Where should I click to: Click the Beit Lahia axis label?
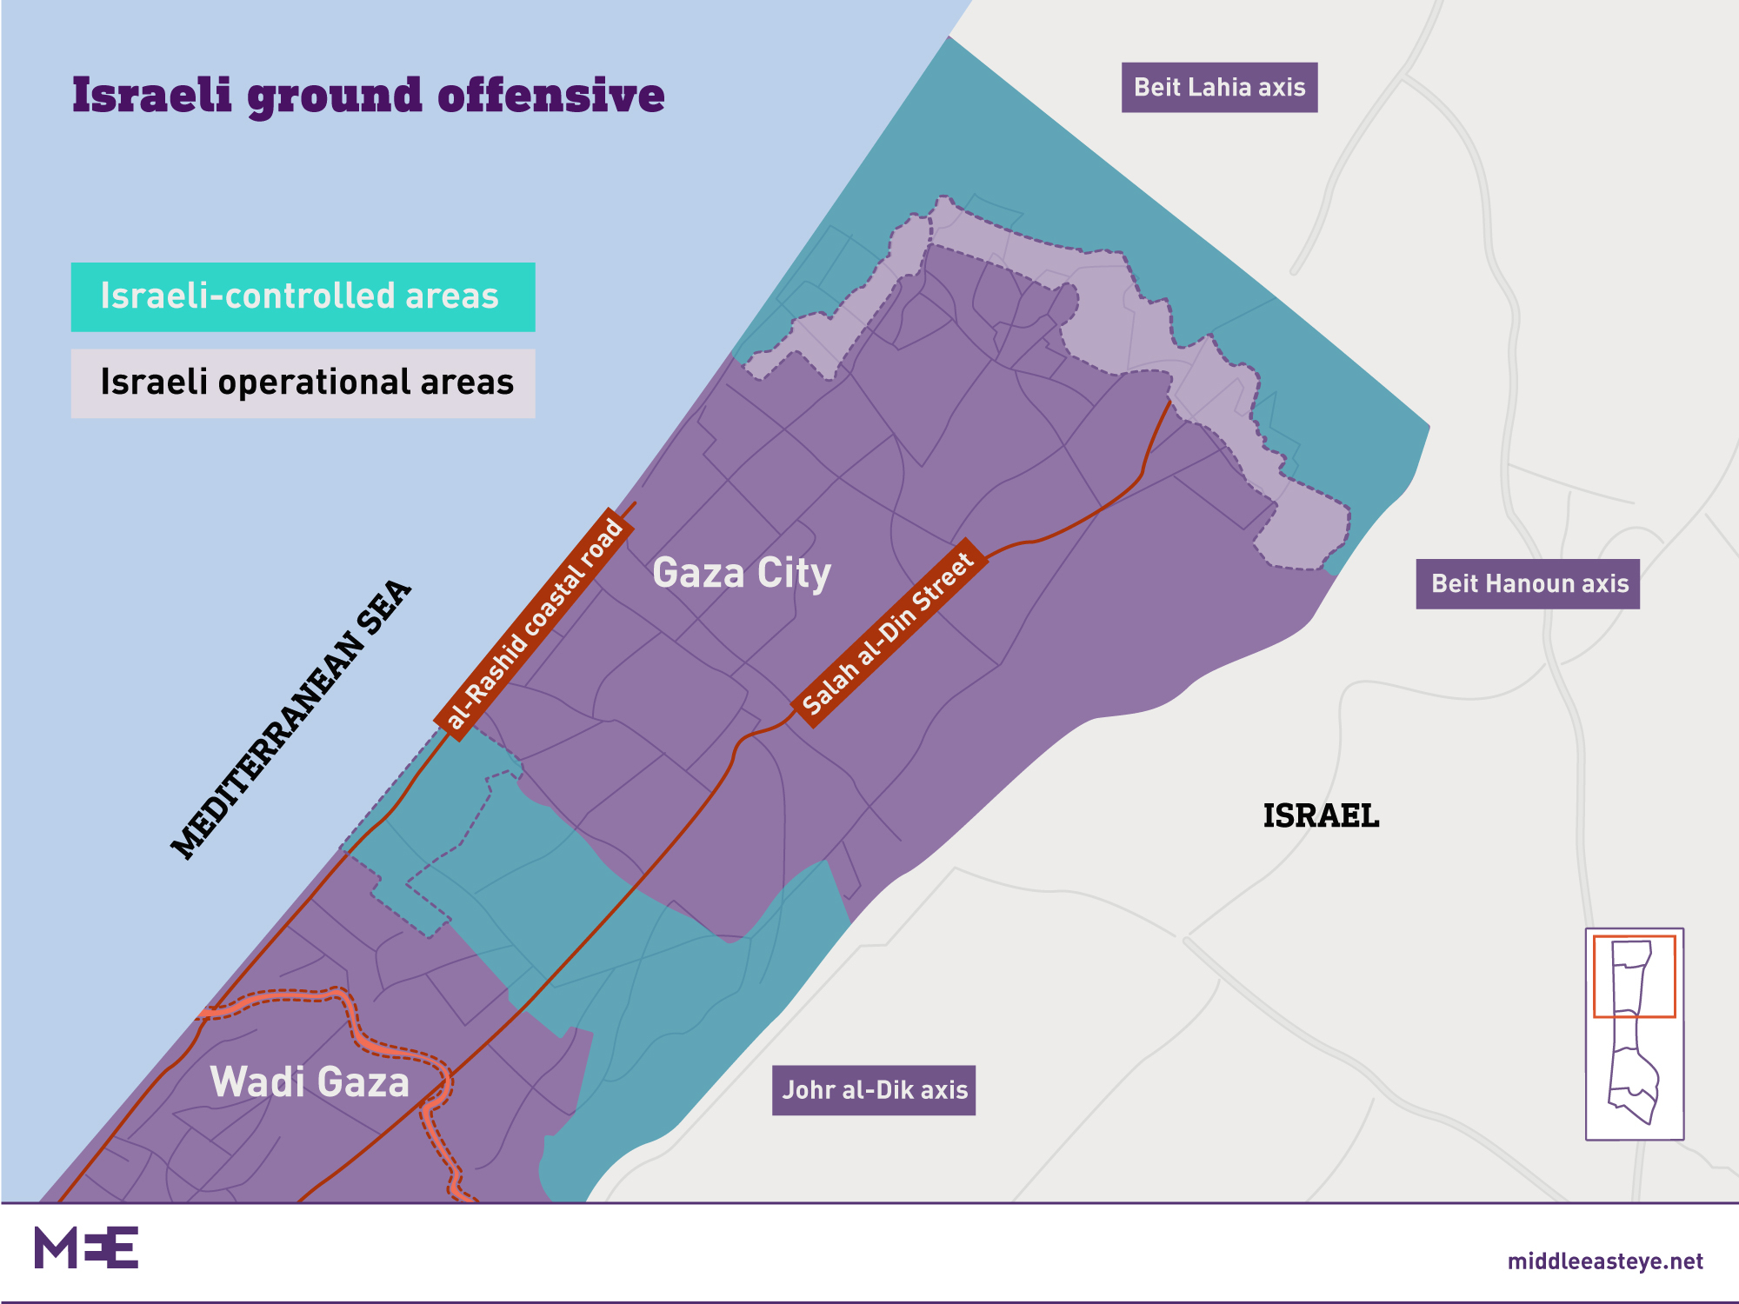pos(1219,87)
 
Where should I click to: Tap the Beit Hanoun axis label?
pos(1528,583)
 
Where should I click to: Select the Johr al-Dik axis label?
pos(874,1090)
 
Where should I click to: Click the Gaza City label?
pos(742,574)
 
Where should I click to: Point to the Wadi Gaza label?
pos(310,1082)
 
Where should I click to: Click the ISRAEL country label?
pos(1321,815)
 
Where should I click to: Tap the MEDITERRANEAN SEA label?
pos(290,720)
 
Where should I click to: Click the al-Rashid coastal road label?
pos(534,622)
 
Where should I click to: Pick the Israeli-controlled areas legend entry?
pos(303,296)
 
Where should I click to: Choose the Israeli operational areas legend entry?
pos(303,383)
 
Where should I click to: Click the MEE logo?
pos(86,1247)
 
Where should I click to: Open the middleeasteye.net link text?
pos(1605,1261)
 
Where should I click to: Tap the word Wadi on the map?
pos(257,1082)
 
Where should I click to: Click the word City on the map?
pos(794,574)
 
